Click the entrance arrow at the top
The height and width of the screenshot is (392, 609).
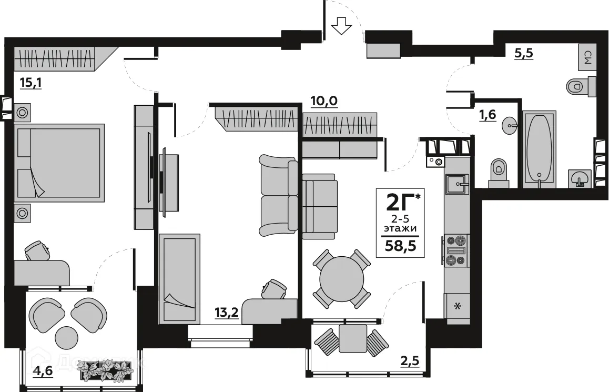pyautogui.click(x=342, y=25)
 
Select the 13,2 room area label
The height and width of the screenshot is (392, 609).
pyautogui.click(x=226, y=313)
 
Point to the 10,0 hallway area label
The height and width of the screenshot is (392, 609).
pyautogui.click(x=323, y=101)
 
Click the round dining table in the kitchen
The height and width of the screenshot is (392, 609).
pyautogui.click(x=342, y=279)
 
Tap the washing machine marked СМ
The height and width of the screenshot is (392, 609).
pyautogui.click(x=587, y=57)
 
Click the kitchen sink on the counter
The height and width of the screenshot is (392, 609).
pyautogui.click(x=456, y=184)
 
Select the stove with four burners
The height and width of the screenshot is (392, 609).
pyautogui.click(x=455, y=250)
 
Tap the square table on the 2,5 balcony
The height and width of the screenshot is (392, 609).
pyautogui.click(x=352, y=338)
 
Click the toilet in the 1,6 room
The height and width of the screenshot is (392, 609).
pyautogui.click(x=498, y=172)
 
